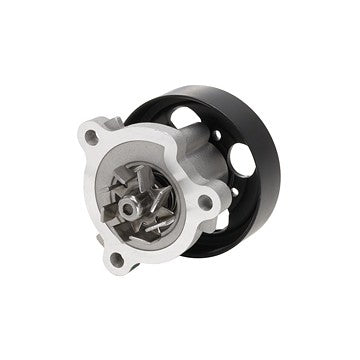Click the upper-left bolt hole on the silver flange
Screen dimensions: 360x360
click(92, 138)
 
